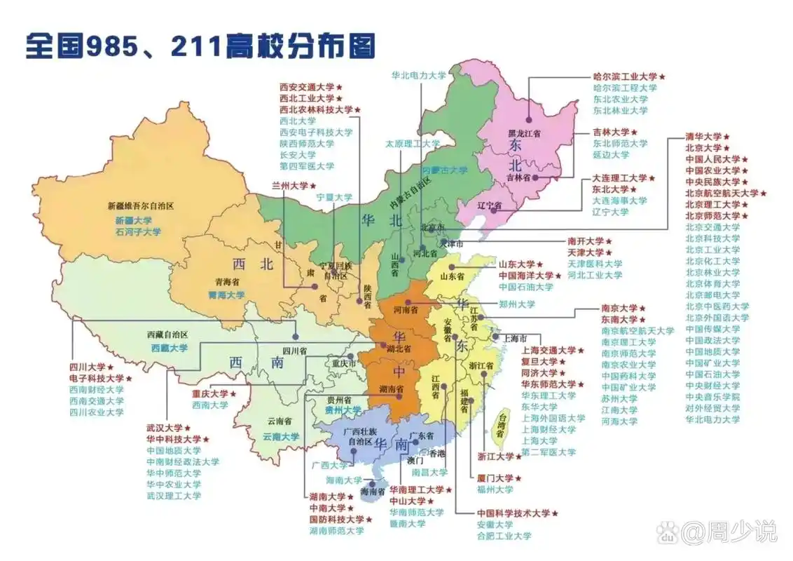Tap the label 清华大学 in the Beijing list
point(703,137)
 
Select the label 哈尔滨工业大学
point(625,76)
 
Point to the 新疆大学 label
point(133,220)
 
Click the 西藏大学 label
point(169,347)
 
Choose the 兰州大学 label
point(289,186)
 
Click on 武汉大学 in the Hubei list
point(164,428)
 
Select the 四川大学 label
point(86,367)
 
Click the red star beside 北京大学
point(726,149)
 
